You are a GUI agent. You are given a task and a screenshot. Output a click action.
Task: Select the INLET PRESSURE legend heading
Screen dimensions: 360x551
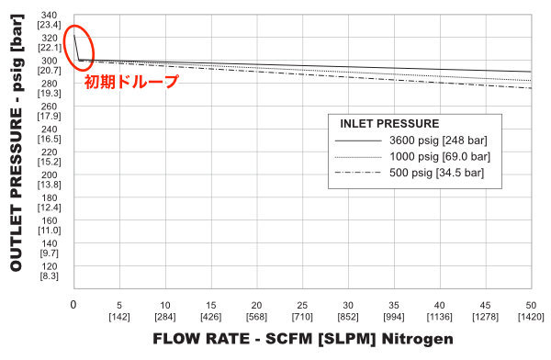pyautogui.click(x=389, y=123)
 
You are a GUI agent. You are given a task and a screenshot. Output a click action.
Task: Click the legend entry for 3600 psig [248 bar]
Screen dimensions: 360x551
pyautogui.click(x=438, y=141)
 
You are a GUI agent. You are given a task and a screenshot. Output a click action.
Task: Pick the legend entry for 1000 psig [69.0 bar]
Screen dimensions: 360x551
pyautogui.click(x=440, y=157)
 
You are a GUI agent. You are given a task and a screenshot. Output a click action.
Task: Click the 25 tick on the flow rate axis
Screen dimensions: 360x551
pyautogui.click(x=302, y=305)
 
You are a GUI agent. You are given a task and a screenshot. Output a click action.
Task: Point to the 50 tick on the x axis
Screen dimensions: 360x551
pyautogui.click(x=530, y=305)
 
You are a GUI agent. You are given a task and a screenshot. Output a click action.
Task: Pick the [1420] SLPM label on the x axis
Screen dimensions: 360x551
pyautogui.click(x=530, y=317)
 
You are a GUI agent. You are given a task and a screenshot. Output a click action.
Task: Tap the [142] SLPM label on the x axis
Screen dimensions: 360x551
pyautogui.click(x=119, y=317)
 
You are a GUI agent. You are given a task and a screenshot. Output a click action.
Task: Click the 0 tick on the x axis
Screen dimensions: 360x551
pyautogui.click(x=73, y=305)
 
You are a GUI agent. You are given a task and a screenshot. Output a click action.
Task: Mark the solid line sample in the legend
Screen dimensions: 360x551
pyautogui.click(x=357, y=141)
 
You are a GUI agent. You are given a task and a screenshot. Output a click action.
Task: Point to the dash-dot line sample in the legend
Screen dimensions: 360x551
pyautogui.click(x=357, y=173)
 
